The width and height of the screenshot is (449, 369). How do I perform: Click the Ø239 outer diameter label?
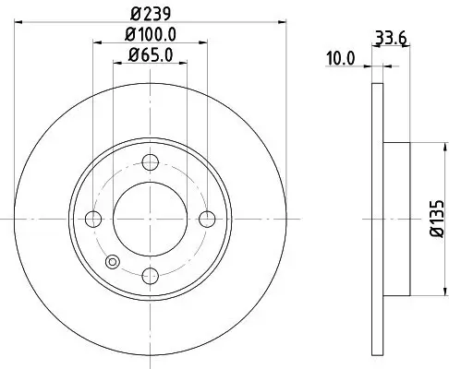[x=150, y=13]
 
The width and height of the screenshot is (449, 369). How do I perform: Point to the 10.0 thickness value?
[x=340, y=57]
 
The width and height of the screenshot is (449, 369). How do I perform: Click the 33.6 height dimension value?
[x=389, y=38]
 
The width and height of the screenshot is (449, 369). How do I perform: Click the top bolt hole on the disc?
[x=150, y=164]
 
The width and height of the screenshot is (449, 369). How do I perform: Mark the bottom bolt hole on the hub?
[x=150, y=274]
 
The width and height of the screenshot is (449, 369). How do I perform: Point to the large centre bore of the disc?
[x=150, y=219]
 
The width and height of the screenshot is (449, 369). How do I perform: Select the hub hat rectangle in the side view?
[x=396, y=219]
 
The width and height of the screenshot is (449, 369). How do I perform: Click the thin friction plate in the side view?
[x=376, y=219]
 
